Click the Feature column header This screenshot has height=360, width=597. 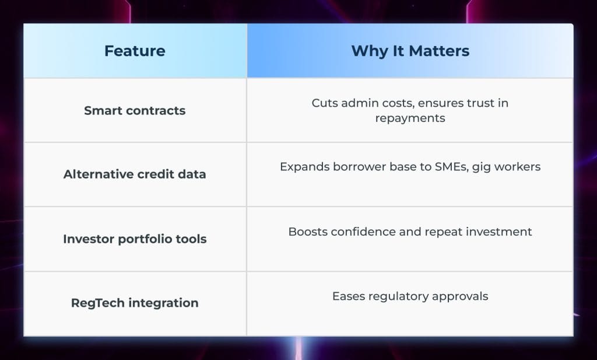click(135, 51)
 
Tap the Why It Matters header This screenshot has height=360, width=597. click(410, 51)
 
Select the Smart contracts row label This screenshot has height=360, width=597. click(135, 110)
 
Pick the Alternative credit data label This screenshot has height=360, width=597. click(135, 174)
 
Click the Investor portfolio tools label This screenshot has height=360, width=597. click(135, 239)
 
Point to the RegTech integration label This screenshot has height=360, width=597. click(135, 303)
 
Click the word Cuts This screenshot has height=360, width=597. click(325, 103)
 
